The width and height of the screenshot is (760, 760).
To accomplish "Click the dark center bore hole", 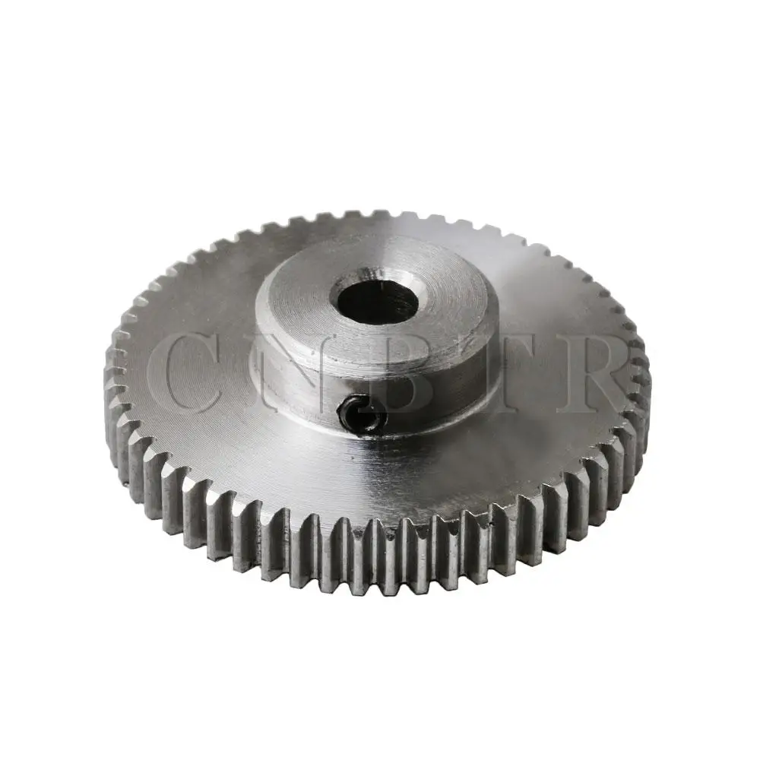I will [378, 304].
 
